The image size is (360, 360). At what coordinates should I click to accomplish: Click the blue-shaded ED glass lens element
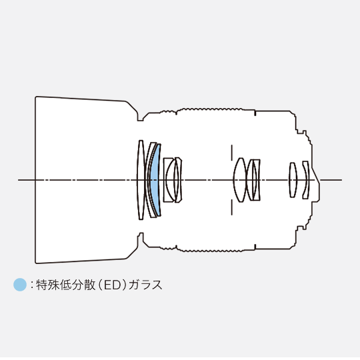point(155,180)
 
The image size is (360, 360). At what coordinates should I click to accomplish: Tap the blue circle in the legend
point(20,285)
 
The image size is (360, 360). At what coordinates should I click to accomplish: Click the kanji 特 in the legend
point(42,285)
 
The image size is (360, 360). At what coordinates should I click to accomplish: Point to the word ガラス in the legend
point(145,285)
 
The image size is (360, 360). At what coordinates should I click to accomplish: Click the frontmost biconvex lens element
point(141,180)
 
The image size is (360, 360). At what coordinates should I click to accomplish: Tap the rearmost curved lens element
point(305,180)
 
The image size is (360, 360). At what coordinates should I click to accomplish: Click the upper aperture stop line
point(231,153)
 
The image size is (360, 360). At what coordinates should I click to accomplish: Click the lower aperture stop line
point(231,207)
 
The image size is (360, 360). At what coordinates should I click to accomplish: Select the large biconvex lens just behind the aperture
point(240,180)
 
